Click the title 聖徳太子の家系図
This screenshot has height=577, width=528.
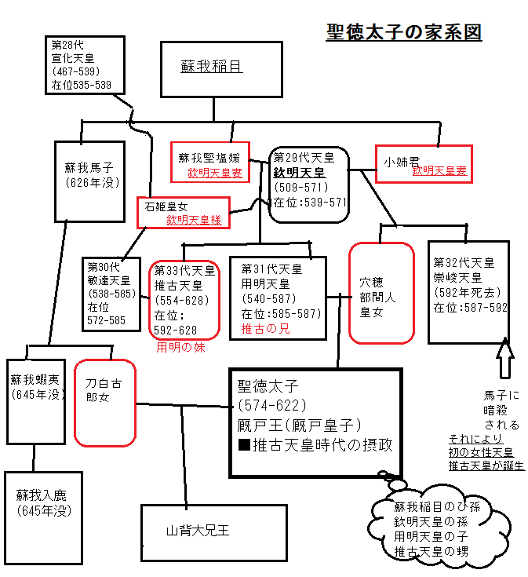[403, 32]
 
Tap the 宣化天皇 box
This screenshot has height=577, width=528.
[82, 64]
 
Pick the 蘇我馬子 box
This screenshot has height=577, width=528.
[89, 180]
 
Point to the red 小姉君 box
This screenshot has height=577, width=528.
[424, 163]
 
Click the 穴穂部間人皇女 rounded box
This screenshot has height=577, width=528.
[381, 293]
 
